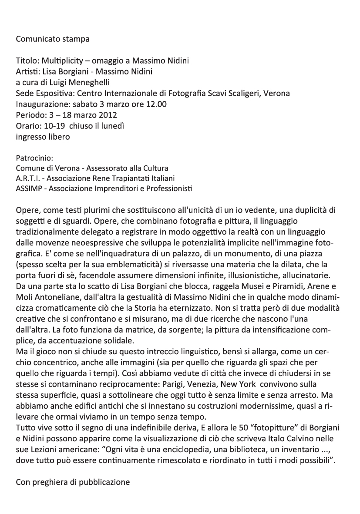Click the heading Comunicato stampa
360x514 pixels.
[x=52, y=39]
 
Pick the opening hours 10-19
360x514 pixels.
[x=54, y=126]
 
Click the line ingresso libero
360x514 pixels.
[x=43, y=137]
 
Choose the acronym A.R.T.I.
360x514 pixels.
[x=29, y=178]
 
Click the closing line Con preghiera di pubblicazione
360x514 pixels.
[x=73, y=482]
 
